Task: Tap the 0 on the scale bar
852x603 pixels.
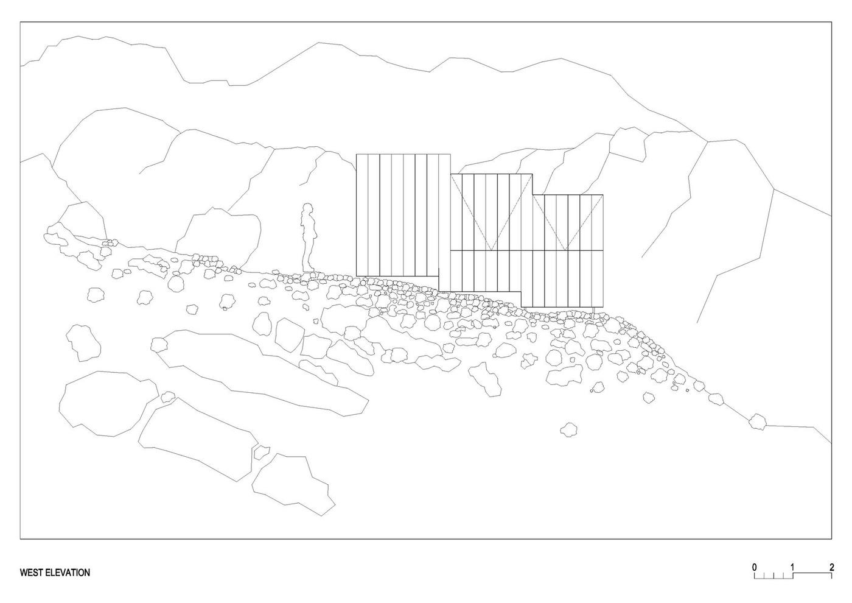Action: (754, 568)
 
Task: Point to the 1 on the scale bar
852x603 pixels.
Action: (792, 568)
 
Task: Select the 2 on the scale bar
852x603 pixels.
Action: (832, 568)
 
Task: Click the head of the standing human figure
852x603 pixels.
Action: (307, 209)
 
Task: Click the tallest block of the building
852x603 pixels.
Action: (403, 215)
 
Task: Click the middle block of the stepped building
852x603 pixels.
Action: (491, 233)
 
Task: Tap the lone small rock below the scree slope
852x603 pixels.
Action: (568, 429)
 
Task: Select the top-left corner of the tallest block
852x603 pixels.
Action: (357, 154)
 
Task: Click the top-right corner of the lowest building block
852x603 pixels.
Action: (603, 195)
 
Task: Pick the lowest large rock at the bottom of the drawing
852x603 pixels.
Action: (293, 484)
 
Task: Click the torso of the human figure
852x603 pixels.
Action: (308, 228)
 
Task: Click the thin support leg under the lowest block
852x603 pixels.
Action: (594, 311)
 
